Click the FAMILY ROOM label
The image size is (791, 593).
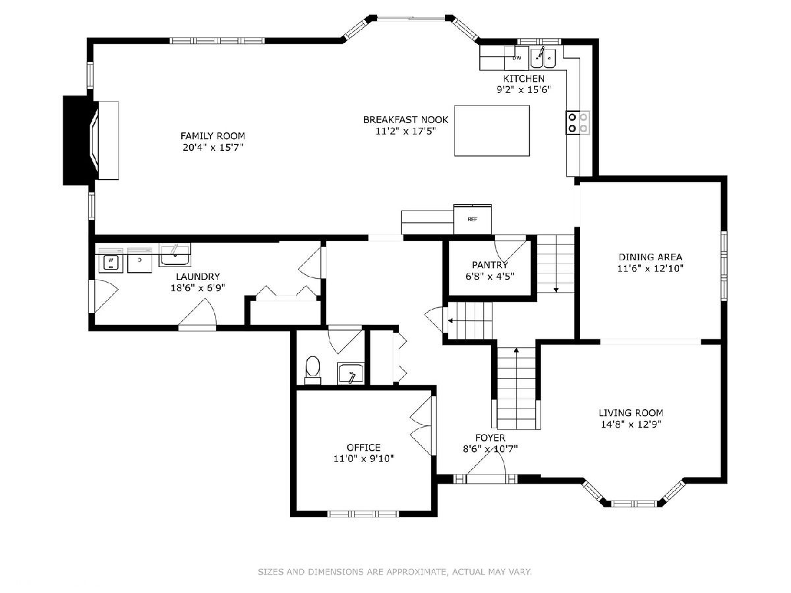click(213, 136)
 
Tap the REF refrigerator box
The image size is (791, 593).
click(472, 219)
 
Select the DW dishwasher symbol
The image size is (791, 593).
click(516, 58)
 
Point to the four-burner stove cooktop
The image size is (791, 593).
click(577, 123)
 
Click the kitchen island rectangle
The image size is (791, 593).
click(492, 130)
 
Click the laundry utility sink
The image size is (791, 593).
click(175, 254)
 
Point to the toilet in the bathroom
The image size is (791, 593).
click(312, 370)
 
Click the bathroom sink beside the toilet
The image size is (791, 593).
click(350, 374)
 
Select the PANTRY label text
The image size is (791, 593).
click(490, 265)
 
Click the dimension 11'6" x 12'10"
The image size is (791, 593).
click(651, 268)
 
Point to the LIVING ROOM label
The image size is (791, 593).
click(631, 412)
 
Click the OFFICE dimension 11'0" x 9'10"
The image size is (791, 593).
click(364, 459)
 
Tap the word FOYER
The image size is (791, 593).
click(490, 438)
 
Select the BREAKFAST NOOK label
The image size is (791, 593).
click(406, 119)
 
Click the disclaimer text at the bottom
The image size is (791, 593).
click(395, 572)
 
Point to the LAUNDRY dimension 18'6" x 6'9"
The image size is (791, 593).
click(198, 288)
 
